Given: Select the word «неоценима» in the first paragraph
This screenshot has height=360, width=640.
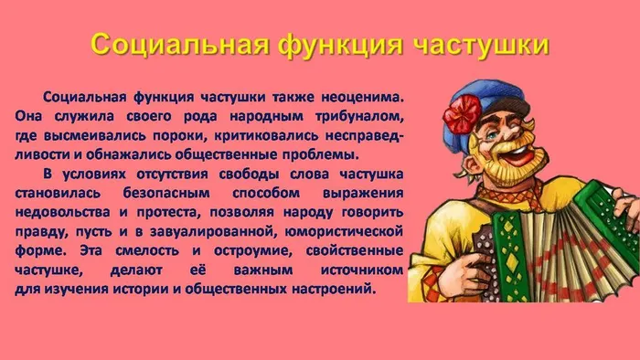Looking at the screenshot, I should [x=364, y=98].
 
